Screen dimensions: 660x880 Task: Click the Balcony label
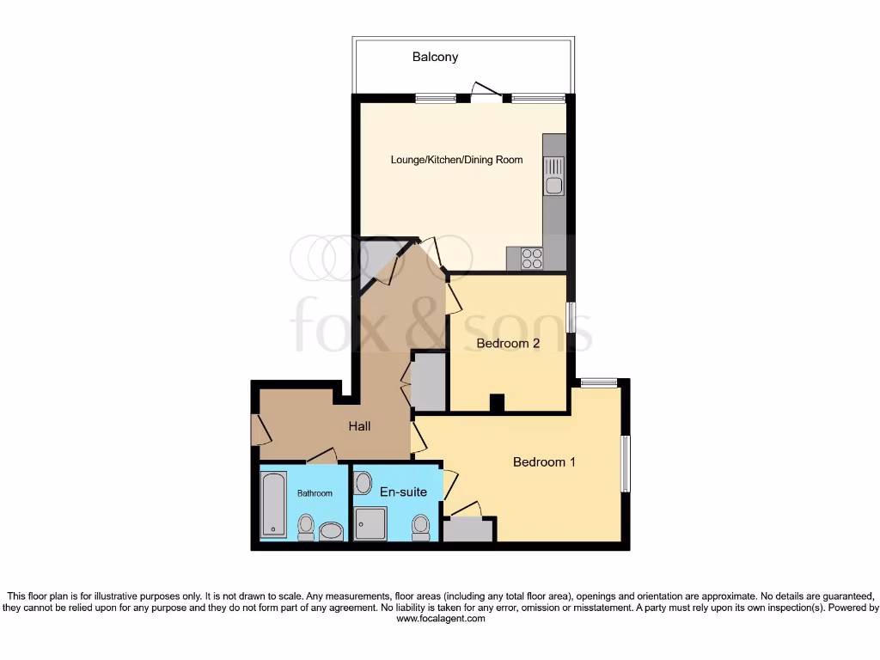(435, 58)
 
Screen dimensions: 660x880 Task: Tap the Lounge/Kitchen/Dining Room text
(456, 160)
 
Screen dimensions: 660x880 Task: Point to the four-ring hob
(531, 258)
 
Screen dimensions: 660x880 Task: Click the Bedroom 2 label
(508, 344)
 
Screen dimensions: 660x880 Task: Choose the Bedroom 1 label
(544, 462)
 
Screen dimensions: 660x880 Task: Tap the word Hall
(359, 426)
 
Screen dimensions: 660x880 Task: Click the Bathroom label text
(315, 493)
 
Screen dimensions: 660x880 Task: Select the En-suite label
(403, 492)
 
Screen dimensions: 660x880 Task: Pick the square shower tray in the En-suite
(370, 523)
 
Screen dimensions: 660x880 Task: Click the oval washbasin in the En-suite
(363, 483)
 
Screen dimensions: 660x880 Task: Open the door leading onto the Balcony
(486, 95)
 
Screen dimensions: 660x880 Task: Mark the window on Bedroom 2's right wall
(571, 316)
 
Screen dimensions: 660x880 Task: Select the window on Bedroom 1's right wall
(626, 464)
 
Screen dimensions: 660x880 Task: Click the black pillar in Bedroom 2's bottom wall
(497, 403)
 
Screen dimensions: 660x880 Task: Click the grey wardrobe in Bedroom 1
(468, 529)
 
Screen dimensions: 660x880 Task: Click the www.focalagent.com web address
(440, 619)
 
